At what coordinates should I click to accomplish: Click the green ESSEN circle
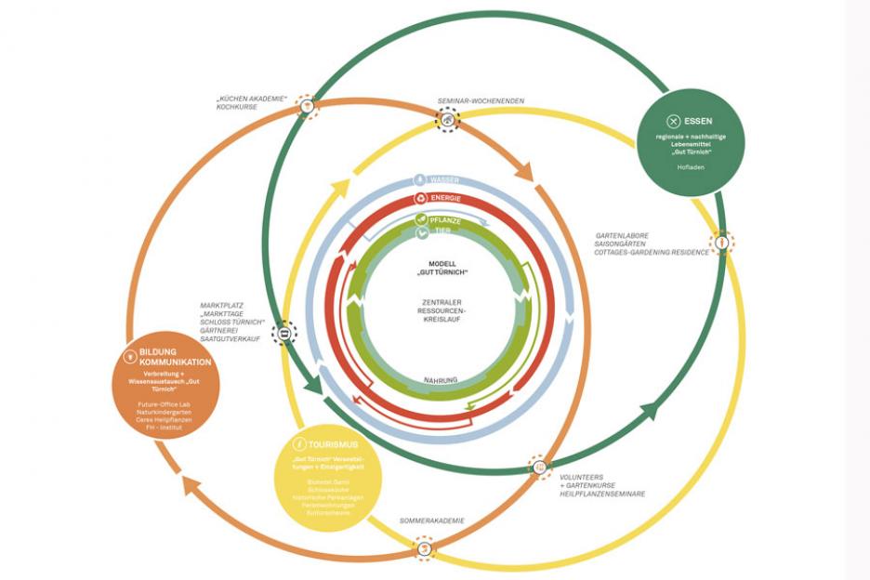pos(691,142)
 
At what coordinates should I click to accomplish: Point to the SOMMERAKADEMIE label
pos(431,521)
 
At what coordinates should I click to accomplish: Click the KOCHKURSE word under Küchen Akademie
pos(236,107)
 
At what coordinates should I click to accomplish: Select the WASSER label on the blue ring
pos(444,180)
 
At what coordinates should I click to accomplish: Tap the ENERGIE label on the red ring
pos(446,199)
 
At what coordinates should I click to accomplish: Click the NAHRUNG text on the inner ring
pos(442,379)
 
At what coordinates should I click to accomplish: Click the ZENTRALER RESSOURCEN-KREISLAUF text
pos(442,310)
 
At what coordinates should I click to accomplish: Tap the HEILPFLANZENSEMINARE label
pos(602,494)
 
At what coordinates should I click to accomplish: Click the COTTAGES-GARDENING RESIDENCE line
pos(652,252)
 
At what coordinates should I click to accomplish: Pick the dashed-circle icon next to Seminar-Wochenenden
pos(449,119)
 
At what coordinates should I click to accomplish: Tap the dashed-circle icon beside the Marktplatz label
pos(283,332)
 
